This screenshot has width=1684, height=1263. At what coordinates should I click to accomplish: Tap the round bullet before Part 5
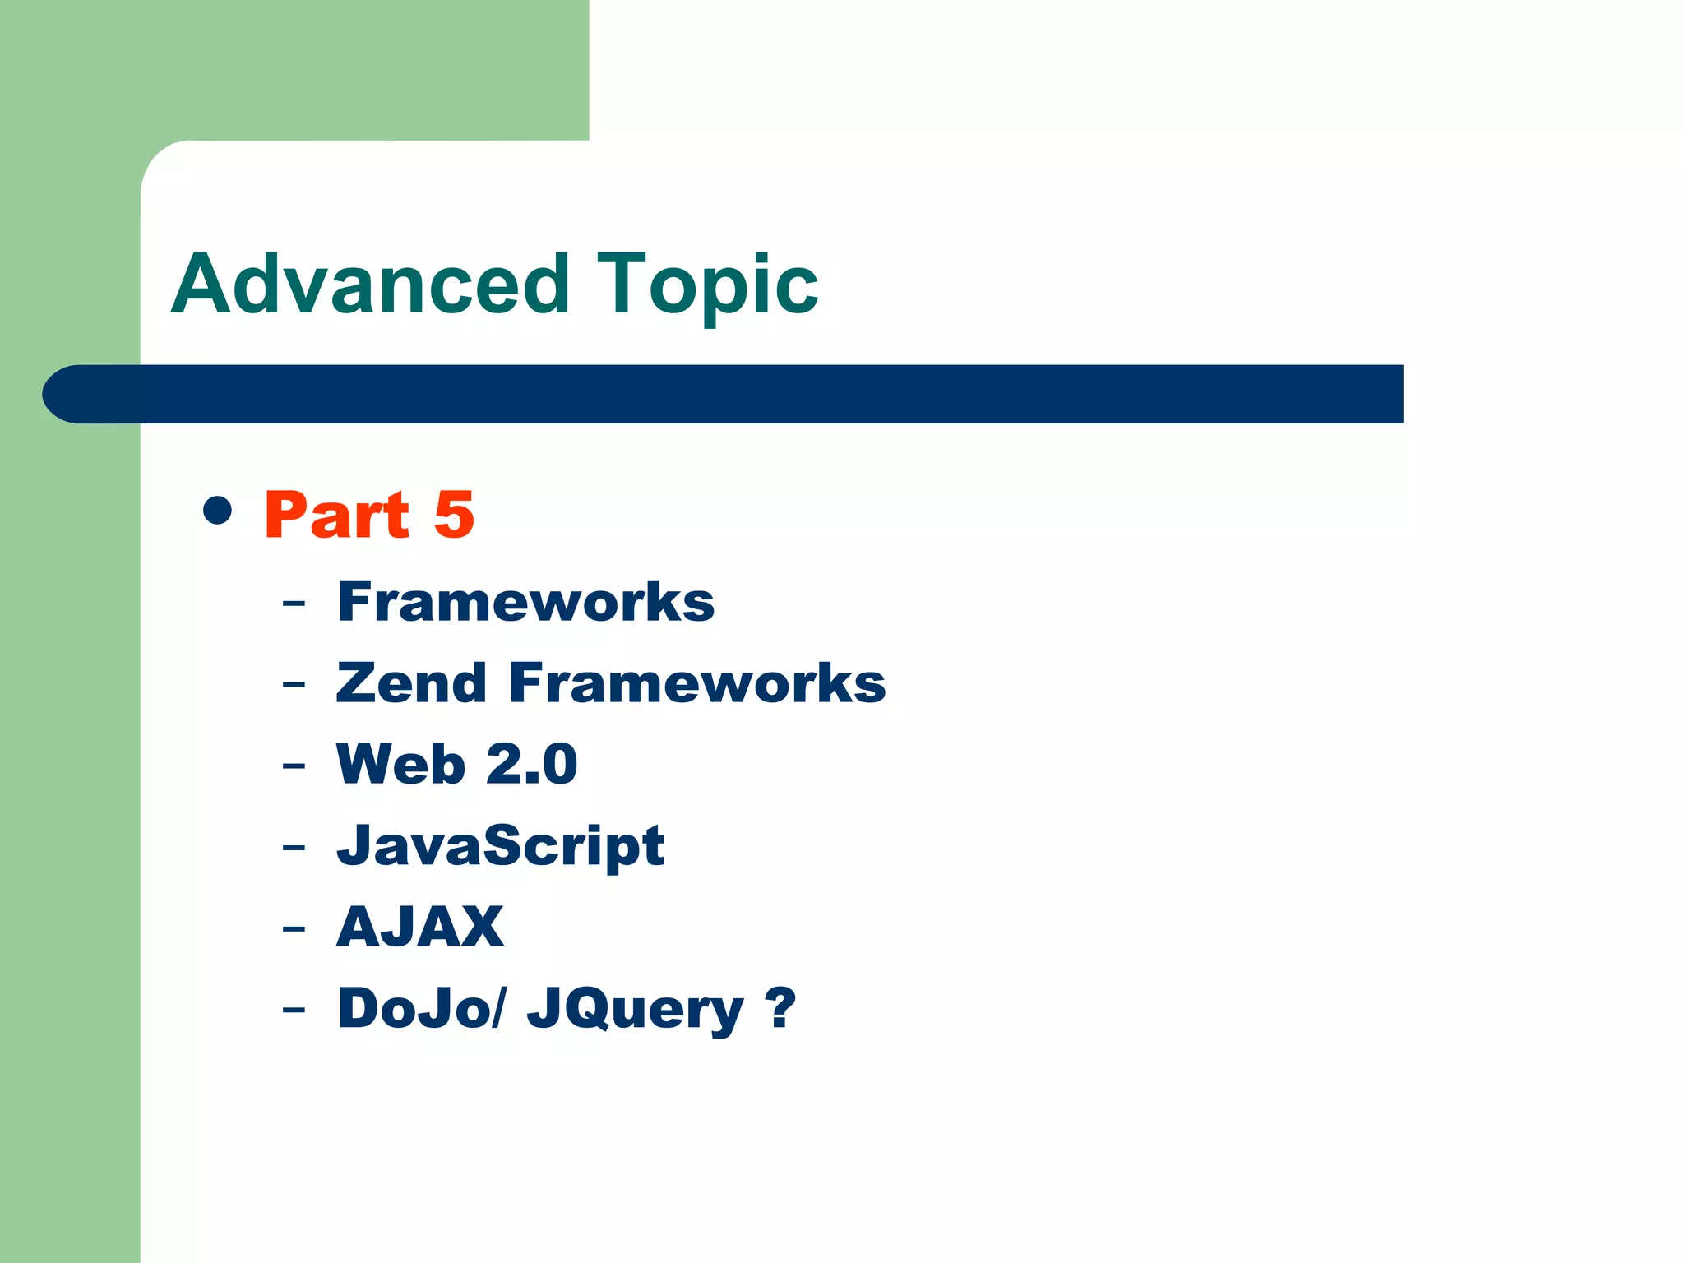(x=217, y=510)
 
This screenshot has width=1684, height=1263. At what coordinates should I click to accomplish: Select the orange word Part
(x=336, y=516)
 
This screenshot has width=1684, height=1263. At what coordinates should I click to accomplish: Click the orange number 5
(x=454, y=516)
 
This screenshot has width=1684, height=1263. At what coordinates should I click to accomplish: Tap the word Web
(x=401, y=764)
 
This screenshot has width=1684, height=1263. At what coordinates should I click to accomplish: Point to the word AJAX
(x=420, y=927)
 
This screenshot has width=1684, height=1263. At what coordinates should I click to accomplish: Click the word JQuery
(x=635, y=1010)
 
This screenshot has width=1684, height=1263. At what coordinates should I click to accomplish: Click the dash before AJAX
(x=294, y=930)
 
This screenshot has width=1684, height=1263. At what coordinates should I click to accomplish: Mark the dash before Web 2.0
(x=294, y=767)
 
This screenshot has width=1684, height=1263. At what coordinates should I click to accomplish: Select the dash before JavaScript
(x=294, y=849)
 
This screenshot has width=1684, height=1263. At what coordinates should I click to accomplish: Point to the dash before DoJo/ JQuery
(x=294, y=1011)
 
